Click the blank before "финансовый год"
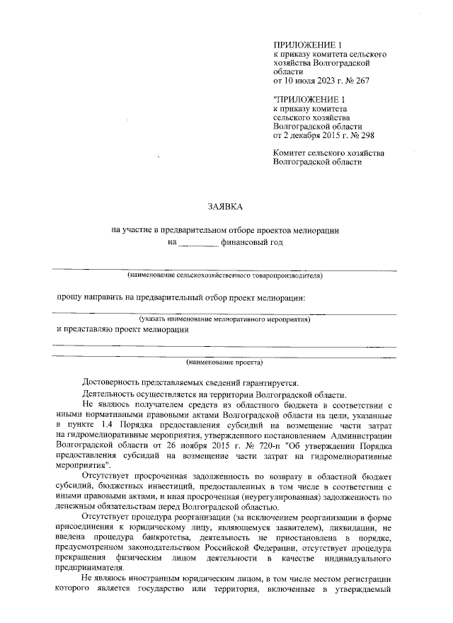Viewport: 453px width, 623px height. click(197, 242)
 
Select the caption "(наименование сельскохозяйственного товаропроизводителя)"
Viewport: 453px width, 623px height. click(224, 274)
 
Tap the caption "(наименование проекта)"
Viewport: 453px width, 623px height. click(224, 364)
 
